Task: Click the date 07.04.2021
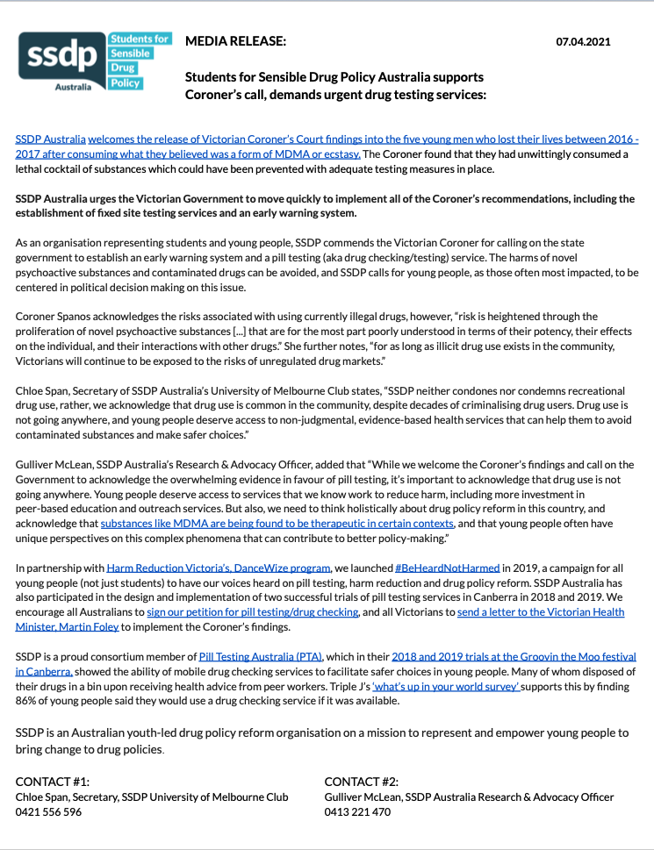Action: click(x=584, y=41)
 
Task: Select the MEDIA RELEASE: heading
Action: click(x=235, y=41)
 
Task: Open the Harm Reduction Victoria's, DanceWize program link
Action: click(x=219, y=568)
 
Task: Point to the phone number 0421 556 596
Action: click(x=48, y=812)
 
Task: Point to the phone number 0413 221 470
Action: click(x=357, y=812)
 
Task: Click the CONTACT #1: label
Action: click(x=53, y=781)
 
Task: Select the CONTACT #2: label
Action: click(x=361, y=781)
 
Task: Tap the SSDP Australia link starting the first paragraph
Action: click(x=51, y=139)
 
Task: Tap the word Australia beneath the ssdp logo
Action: click(x=73, y=88)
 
